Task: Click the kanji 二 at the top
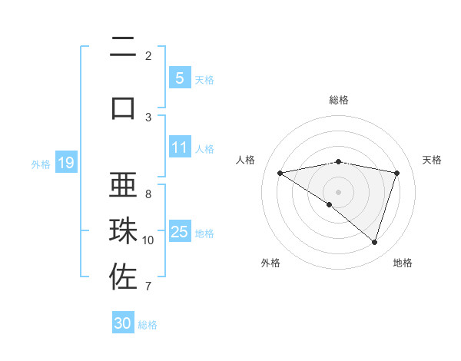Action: click(123, 50)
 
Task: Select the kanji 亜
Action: click(123, 188)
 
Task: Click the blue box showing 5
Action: click(179, 78)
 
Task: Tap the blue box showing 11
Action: click(179, 147)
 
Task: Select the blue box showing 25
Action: click(179, 232)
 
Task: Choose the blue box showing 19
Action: click(65, 163)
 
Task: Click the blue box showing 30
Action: click(123, 323)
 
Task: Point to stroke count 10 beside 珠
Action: click(148, 240)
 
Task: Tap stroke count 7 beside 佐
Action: click(148, 286)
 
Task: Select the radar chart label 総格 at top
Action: click(339, 100)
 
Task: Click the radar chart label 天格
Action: click(433, 160)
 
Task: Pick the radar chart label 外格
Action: click(270, 263)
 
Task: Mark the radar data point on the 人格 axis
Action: click(280, 173)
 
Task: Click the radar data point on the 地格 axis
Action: click(374, 242)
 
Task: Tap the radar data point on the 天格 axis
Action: click(396, 173)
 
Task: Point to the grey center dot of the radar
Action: click(338, 191)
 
